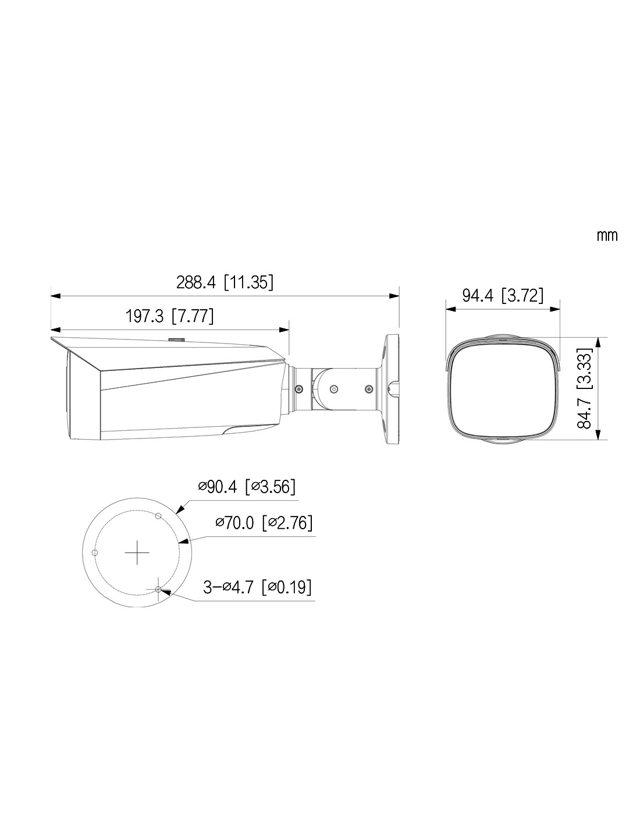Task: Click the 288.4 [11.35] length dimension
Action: point(225,282)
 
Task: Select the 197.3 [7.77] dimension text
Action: point(169,316)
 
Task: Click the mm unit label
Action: point(607,236)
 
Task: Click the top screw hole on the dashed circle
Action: point(159,516)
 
